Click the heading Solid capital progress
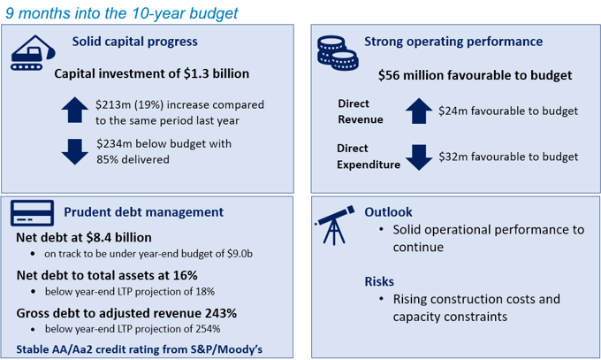click(x=134, y=42)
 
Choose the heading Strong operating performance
click(x=453, y=42)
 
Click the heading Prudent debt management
click(x=143, y=212)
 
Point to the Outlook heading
click(x=388, y=212)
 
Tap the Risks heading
click(x=379, y=281)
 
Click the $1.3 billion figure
click(x=212, y=73)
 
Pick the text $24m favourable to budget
click(x=507, y=111)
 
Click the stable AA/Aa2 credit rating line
click(x=140, y=349)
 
